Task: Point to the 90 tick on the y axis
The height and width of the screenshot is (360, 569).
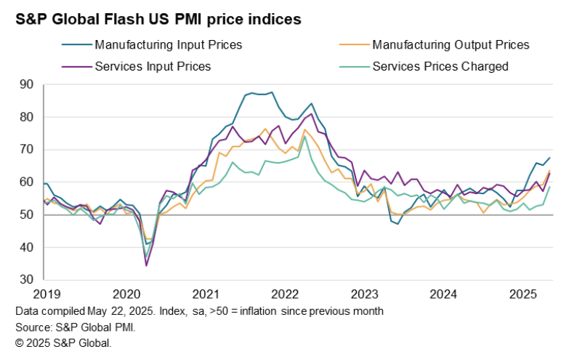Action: click(28, 84)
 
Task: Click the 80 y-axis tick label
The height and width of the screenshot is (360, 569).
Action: click(28, 117)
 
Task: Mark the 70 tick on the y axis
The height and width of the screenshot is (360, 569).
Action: click(28, 150)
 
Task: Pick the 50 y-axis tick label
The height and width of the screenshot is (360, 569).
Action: click(28, 215)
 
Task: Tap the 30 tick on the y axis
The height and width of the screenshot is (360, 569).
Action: click(28, 279)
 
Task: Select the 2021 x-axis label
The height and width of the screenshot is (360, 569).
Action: click(206, 295)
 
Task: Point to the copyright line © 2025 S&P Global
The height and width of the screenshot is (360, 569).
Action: click(62, 343)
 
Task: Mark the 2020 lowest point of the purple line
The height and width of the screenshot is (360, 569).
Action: click(146, 265)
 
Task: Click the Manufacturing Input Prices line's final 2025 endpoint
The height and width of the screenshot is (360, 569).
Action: click(549, 158)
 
